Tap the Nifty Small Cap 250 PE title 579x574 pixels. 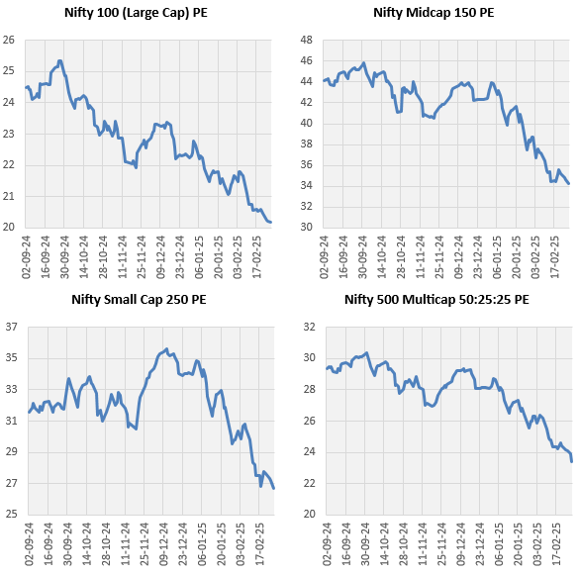(139, 300)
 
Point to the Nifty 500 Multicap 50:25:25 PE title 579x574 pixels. (436, 300)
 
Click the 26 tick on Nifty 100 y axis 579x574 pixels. (10, 40)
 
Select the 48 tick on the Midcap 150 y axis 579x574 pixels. (306, 40)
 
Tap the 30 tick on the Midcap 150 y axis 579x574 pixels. (306, 228)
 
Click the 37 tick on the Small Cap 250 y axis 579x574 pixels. (10, 327)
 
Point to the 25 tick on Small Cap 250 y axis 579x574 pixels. (10, 515)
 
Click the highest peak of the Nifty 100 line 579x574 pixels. (60, 60)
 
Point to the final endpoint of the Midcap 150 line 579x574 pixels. (568, 183)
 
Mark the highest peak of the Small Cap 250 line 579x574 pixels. (165, 348)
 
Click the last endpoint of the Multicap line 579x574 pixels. (571, 461)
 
